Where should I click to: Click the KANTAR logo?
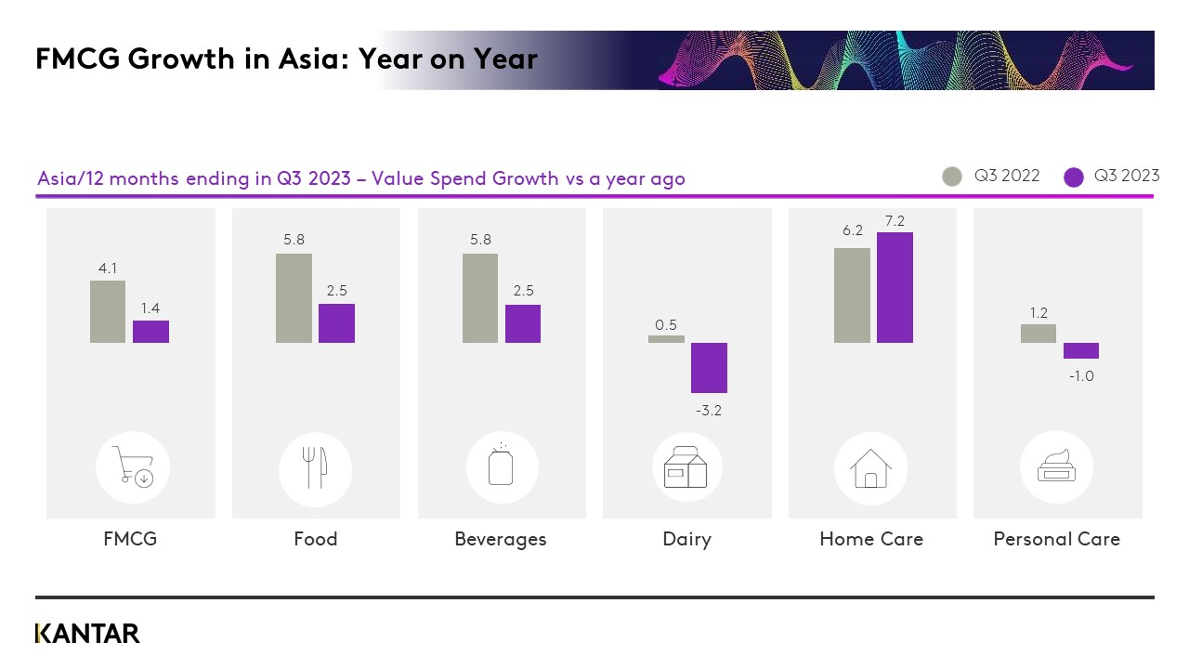coord(87,634)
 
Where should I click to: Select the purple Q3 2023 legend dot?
coord(1074,177)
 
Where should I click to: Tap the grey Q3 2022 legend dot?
coord(952,177)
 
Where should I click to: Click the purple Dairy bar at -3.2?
coord(709,368)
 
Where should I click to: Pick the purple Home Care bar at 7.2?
coord(895,287)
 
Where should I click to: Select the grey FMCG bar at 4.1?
coord(108,311)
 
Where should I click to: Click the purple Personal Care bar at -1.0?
coord(1081,350)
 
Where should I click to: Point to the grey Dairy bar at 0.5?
coord(666,339)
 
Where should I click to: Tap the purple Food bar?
coord(336,323)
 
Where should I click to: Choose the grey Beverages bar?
coord(480,298)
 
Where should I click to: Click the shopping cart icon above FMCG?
coord(133,467)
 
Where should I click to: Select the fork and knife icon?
coord(316,468)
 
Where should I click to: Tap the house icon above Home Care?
coord(870,468)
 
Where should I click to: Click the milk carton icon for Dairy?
coord(686,467)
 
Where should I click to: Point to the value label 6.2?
coord(853,230)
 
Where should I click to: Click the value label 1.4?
coord(150,308)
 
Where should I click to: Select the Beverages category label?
coord(501,539)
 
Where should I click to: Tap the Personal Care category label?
coord(1056,539)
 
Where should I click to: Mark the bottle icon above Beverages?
coord(501,465)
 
